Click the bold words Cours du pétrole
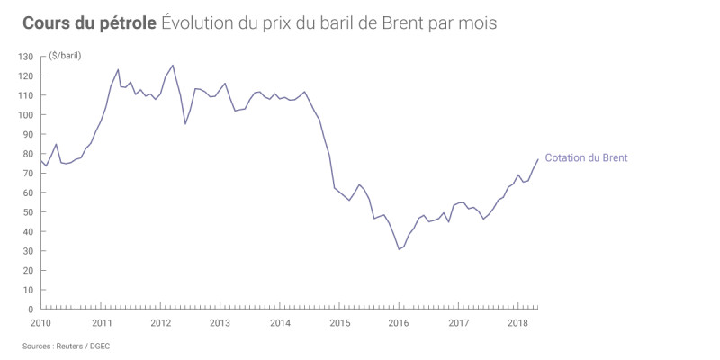tap(89, 22)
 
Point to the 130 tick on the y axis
tap(25, 57)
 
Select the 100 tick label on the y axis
tap(25, 115)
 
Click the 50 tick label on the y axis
tap(28, 212)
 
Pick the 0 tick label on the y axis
tap(31, 310)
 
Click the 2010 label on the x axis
tap(40, 322)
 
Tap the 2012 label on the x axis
tap(160, 322)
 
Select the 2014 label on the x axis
tap(280, 322)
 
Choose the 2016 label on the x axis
tap(399, 322)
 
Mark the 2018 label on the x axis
tap(517, 322)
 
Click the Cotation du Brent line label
tap(586, 158)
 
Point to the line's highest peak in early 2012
tap(173, 65)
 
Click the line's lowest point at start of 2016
tap(399, 249)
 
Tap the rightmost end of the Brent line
tap(538, 159)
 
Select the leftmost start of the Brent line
tap(41, 160)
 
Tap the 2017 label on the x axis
tap(458, 322)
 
